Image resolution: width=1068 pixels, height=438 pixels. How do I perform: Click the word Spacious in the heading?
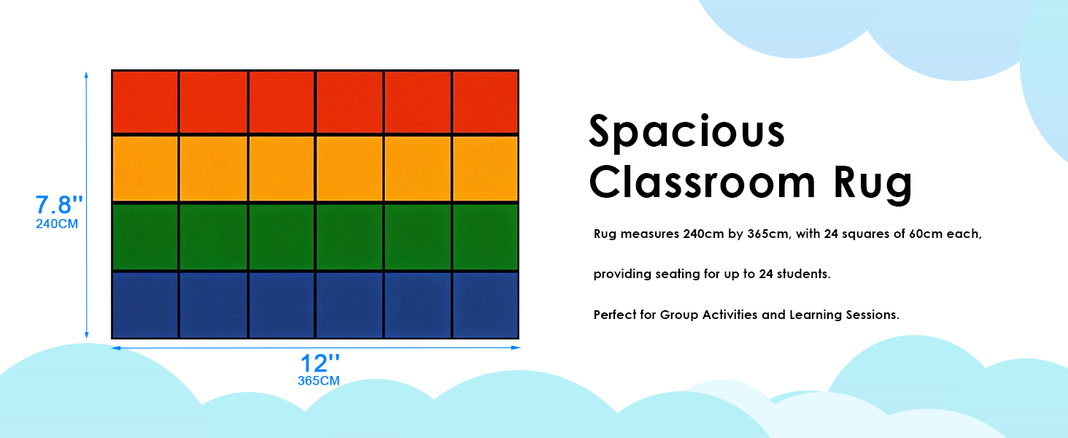click(x=686, y=132)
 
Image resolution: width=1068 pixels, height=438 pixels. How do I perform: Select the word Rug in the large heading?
click(x=873, y=185)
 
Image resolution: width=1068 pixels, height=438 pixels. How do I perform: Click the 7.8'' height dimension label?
click(x=59, y=204)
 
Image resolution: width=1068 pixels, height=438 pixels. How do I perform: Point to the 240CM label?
click(x=57, y=224)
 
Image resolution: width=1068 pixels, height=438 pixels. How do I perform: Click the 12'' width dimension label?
click(x=320, y=363)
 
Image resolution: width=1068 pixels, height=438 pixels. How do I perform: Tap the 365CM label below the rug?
click(x=319, y=381)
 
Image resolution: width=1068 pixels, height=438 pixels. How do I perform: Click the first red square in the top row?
click(x=145, y=101)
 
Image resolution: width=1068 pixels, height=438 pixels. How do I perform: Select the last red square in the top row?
click(x=485, y=101)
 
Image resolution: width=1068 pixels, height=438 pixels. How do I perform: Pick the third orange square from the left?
click(x=282, y=169)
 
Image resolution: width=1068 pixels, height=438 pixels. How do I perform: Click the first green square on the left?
click(x=145, y=237)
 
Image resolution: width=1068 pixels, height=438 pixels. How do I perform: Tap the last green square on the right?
click(x=485, y=237)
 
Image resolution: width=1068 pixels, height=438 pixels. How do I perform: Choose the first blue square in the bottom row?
click(x=145, y=305)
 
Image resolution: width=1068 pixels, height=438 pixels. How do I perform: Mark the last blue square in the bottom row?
click(x=485, y=305)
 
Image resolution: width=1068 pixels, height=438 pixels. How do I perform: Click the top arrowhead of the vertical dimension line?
click(x=86, y=75)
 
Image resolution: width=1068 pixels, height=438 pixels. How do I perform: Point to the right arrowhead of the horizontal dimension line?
click(x=516, y=347)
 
